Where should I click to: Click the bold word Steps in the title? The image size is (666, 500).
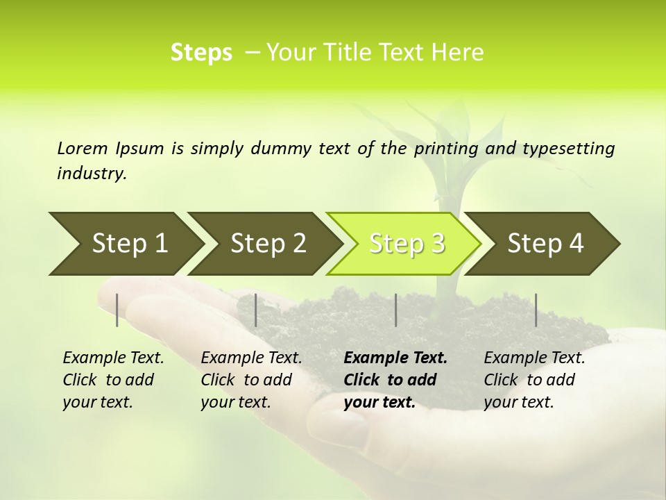201,53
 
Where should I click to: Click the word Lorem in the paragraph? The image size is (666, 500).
83,148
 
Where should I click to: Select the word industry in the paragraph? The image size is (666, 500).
92,174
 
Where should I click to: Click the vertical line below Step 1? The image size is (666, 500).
117,310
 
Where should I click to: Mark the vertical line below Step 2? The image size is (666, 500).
256,310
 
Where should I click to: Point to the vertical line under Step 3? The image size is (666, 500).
395,310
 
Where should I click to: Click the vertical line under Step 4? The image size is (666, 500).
536,310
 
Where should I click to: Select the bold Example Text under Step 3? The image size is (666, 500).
395,358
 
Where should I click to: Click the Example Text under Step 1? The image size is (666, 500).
113,358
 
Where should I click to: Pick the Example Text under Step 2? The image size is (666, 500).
251,358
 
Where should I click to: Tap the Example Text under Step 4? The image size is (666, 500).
534,358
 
